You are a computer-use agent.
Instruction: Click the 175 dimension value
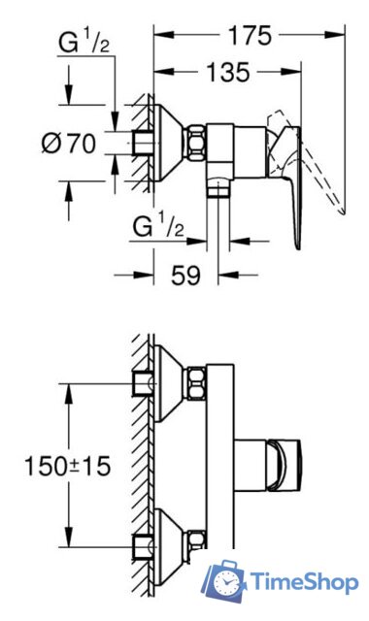pos(250,35)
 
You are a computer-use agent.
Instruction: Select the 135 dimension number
pos(228,72)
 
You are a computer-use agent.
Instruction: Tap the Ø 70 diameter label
pos(69,143)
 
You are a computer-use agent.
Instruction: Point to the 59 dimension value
pos(185,275)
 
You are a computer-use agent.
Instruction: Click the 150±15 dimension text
pos(67,466)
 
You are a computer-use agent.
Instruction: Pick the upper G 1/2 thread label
pos(84,43)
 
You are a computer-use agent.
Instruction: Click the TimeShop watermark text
pos(304,582)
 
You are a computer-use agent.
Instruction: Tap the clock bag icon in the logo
pos(224,581)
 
